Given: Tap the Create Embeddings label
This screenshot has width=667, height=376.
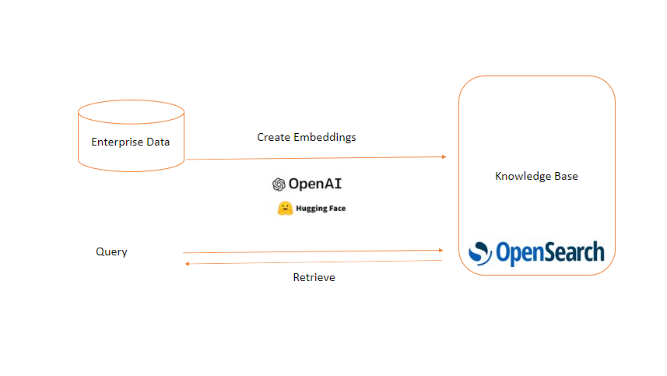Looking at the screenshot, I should (307, 137).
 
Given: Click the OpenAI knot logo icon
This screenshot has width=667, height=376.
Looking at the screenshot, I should (279, 184).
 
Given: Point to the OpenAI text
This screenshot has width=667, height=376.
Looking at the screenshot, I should (315, 184).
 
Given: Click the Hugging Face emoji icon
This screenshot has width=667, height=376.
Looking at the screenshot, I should (285, 208).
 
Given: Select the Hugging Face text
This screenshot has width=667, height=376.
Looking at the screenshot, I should (321, 209).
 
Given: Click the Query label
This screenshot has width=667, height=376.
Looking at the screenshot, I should (111, 251).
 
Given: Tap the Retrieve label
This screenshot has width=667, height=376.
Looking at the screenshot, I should (314, 277).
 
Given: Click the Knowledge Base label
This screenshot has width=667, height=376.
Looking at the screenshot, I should (536, 176).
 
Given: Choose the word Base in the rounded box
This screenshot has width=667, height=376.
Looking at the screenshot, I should (566, 176).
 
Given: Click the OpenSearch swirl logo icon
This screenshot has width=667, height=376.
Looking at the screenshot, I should (479, 253).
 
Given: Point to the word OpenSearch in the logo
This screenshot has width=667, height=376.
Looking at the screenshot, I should (549, 253).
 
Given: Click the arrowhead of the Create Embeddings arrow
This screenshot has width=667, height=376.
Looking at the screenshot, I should (444, 156).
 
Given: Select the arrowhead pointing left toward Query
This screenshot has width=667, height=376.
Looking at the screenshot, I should (186, 264).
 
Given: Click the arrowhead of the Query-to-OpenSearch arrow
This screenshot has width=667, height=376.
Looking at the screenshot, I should (441, 250).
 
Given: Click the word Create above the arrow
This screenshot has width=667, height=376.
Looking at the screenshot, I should (273, 137).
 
